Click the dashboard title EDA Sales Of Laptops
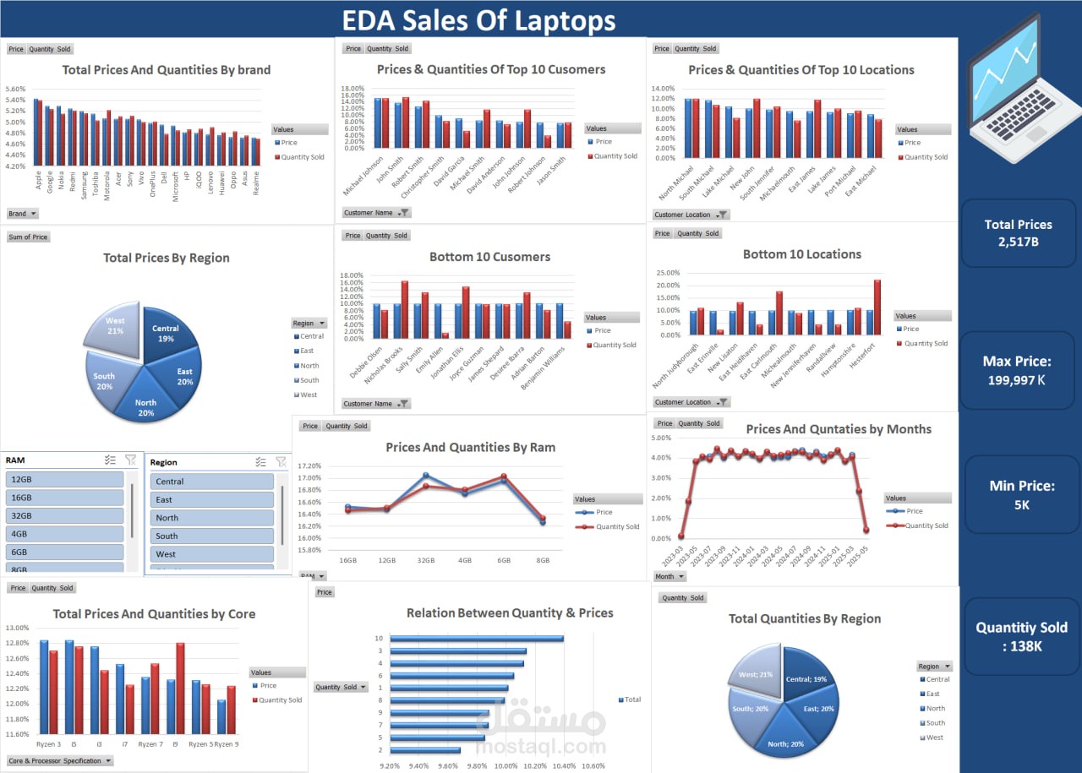478,20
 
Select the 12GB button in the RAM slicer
65,480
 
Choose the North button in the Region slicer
212,518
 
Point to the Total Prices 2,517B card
1018,233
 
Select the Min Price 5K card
1022,495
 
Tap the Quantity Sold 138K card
1021,635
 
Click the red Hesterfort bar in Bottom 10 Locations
877,308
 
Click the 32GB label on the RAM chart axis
425,560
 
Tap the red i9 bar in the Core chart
180,688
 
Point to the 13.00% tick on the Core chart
17,628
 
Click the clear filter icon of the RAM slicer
130,460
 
